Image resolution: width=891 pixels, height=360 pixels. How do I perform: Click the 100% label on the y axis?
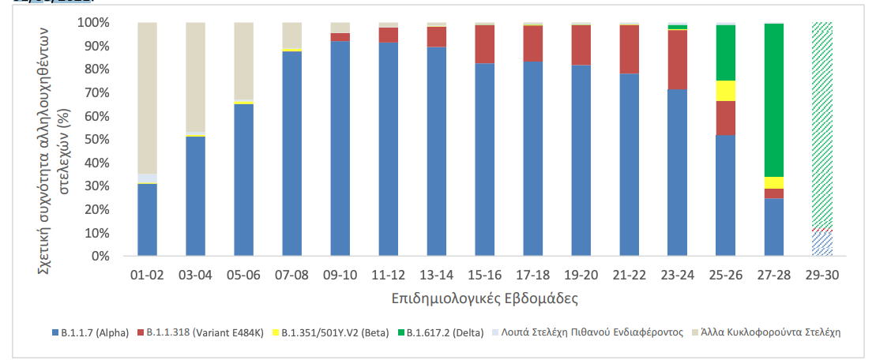click(x=93, y=23)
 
